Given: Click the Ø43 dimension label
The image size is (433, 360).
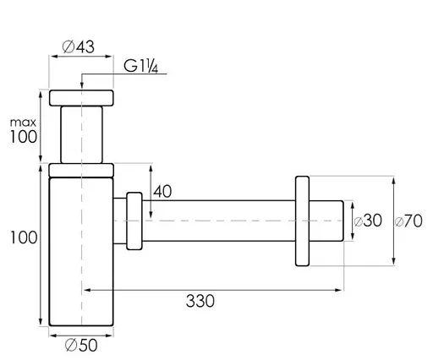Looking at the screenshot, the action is tap(79, 46).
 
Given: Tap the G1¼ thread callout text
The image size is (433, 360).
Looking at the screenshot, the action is tap(141, 67).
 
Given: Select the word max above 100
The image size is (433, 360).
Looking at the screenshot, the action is tap(23, 123).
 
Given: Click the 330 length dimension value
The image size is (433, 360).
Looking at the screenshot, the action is tap(200, 301).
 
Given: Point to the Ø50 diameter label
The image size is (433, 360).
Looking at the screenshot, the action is tap(81, 345).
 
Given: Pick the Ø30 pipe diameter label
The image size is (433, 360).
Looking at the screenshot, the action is tap(368, 221).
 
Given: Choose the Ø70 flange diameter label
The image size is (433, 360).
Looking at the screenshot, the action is tap(408, 221).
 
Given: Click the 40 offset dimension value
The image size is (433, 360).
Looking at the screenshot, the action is tap(162, 192).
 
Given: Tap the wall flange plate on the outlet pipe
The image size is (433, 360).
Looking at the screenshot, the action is tap(302, 221).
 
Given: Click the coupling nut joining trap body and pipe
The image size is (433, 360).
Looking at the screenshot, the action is tap(134, 221).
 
